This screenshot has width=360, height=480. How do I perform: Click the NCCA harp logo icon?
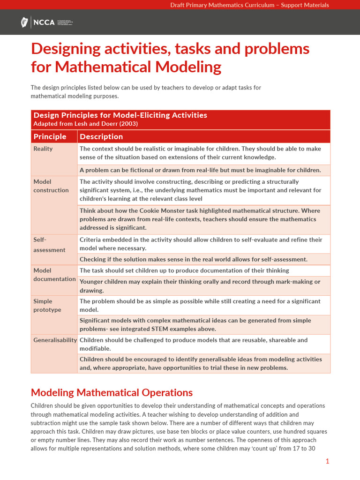click(x=24, y=22)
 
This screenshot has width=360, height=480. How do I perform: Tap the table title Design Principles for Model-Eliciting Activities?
click(x=120, y=115)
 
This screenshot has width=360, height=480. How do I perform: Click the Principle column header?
click(x=50, y=136)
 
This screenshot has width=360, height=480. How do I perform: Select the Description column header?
click(x=101, y=136)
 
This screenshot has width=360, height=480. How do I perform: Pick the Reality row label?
click(x=43, y=149)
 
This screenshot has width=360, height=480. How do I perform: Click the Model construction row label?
click(x=51, y=186)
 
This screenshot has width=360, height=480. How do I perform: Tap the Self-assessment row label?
click(x=49, y=245)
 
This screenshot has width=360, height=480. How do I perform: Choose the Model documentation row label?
click(x=54, y=275)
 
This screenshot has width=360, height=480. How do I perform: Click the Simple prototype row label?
click(x=47, y=306)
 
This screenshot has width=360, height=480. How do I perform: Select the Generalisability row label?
click(x=55, y=340)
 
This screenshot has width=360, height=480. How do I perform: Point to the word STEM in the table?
click(x=171, y=329)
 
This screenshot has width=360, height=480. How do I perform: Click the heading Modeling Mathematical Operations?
click(x=112, y=392)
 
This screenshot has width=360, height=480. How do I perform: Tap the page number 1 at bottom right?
click(x=327, y=461)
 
